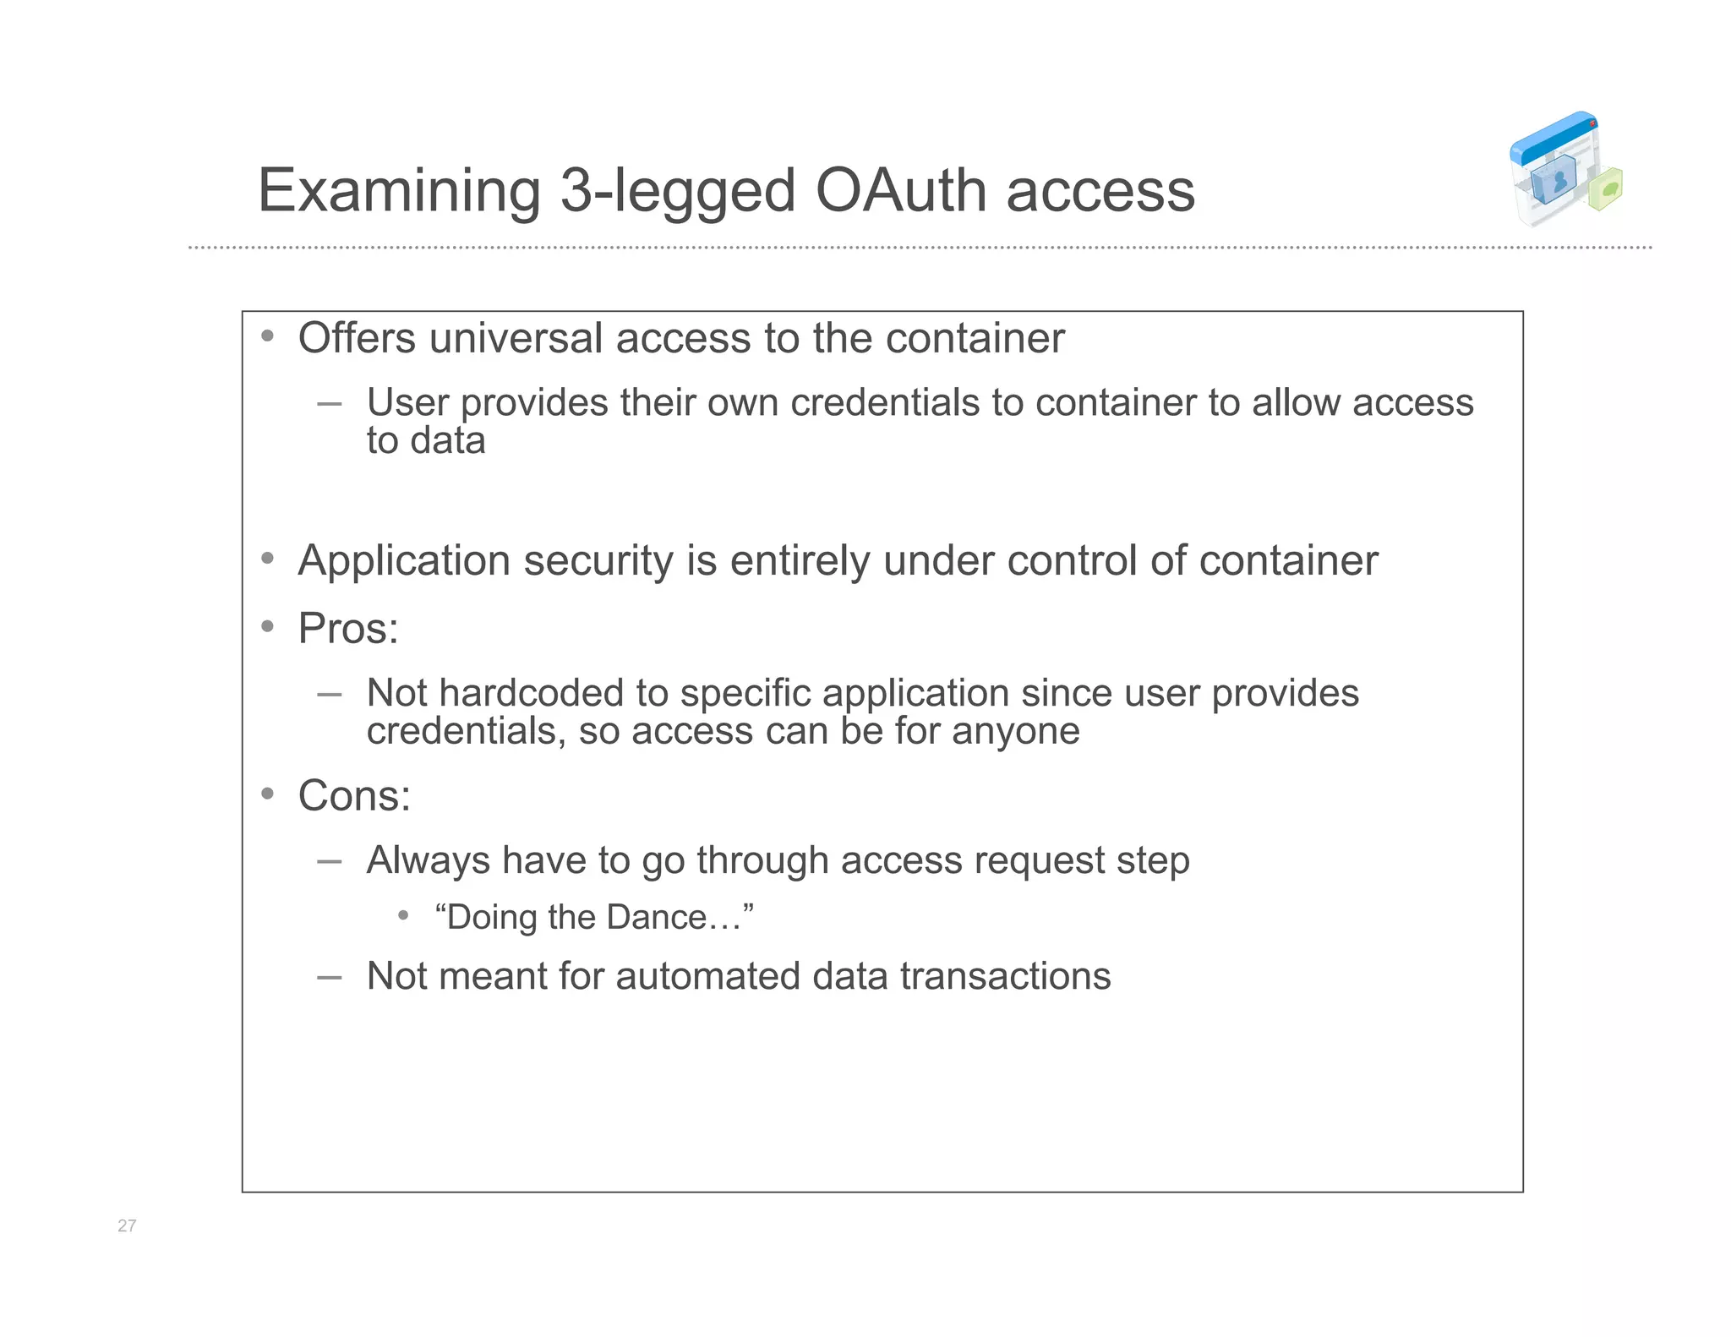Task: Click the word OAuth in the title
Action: [x=901, y=190]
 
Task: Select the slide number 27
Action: [x=127, y=1225]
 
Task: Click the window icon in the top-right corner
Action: [x=1564, y=170]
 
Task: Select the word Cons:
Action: [x=354, y=796]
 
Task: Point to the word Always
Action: [x=428, y=860]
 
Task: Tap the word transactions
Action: [x=1005, y=976]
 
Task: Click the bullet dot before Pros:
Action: [x=268, y=626]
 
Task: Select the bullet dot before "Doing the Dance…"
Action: [x=404, y=915]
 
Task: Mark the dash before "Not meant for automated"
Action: [x=330, y=977]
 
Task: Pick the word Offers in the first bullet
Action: [x=357, y=338]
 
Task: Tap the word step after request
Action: [x=1153, y=861]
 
